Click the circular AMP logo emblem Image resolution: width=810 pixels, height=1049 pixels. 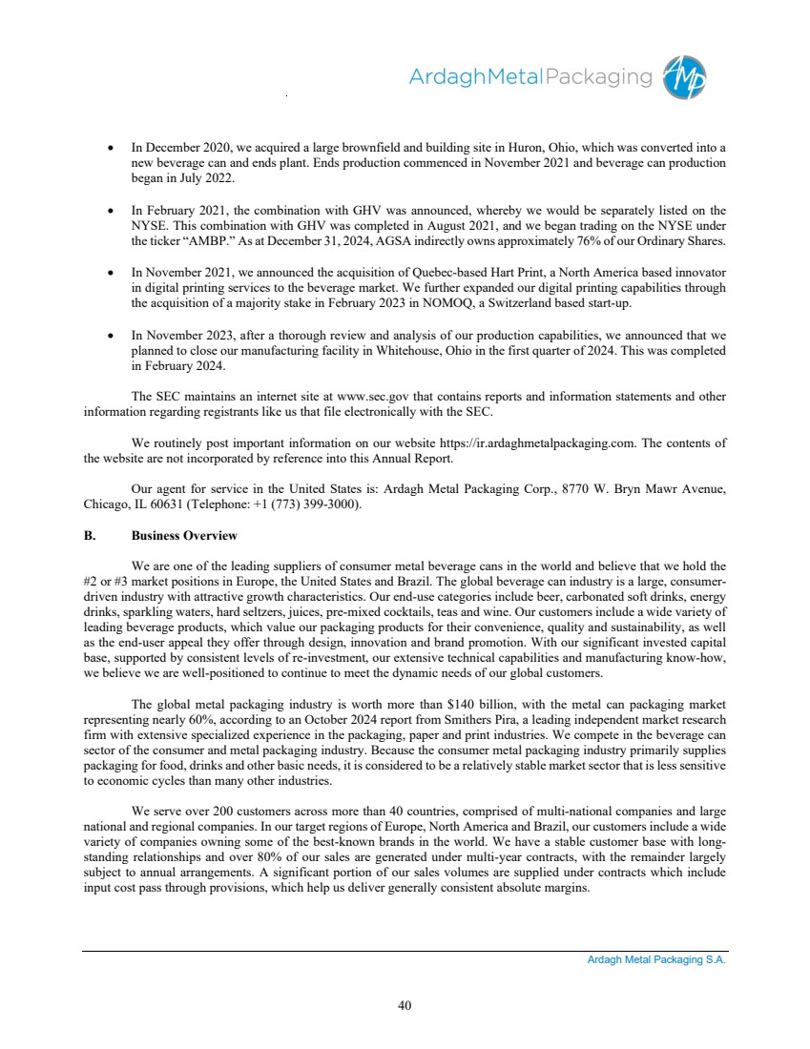coord(687,77)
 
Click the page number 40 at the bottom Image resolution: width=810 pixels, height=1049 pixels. coord(405,1003)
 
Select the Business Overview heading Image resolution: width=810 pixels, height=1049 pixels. coord(184,535)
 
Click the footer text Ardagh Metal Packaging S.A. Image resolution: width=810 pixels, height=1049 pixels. coord(656,960)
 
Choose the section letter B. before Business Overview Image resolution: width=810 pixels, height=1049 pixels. coord(90,535)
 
